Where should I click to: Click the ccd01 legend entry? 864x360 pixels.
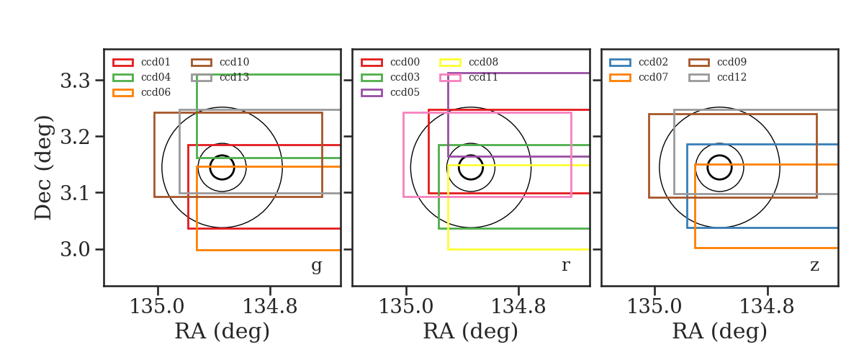coord(141,62)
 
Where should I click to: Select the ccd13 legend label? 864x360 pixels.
coord(235,77)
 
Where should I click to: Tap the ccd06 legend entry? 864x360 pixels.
coord(141,92)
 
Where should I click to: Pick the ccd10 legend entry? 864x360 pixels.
coord(220,62)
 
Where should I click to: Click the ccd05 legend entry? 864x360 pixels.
coord(390,92)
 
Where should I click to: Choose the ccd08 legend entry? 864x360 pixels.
coord(469,62)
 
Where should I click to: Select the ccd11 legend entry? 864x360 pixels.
coord(469,77)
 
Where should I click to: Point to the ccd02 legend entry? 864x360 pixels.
coord(639,62)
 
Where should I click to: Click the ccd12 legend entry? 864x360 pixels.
coord(717,77)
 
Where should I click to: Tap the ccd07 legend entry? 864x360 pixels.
coord(639,77)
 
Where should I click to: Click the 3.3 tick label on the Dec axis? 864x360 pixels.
coord(75,81)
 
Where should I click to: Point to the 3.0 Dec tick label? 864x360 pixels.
coord(75,250)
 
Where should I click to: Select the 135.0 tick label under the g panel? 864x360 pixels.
coord(157,307)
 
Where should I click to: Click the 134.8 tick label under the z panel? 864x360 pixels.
coord(767,307)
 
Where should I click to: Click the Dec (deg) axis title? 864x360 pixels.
coord(42,168)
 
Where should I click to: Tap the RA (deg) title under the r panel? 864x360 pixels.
coord(471,331)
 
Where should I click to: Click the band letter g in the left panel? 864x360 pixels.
coord(317,266)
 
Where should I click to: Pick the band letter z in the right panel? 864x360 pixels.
coord(814,266)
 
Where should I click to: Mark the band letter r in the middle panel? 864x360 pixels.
coord(565,266)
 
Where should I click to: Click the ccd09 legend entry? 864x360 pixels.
coord(717,62)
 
